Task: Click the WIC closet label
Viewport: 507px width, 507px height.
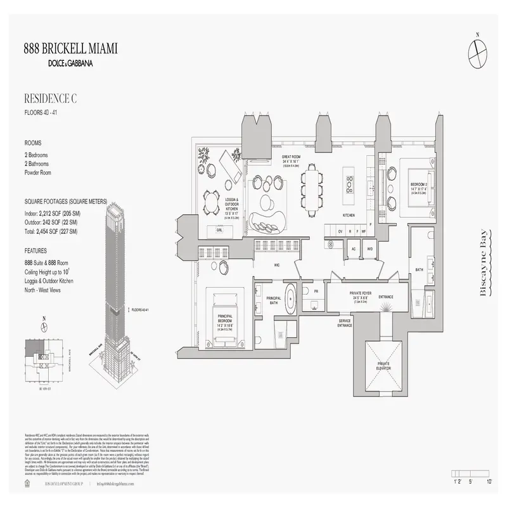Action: [277, 266]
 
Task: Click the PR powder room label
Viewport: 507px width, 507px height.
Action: [315, 291]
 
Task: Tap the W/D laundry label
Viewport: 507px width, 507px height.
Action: [369, 249]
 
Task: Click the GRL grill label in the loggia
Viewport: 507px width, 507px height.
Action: [219, 231]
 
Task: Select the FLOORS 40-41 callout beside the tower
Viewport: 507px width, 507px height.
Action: [141, 310]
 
